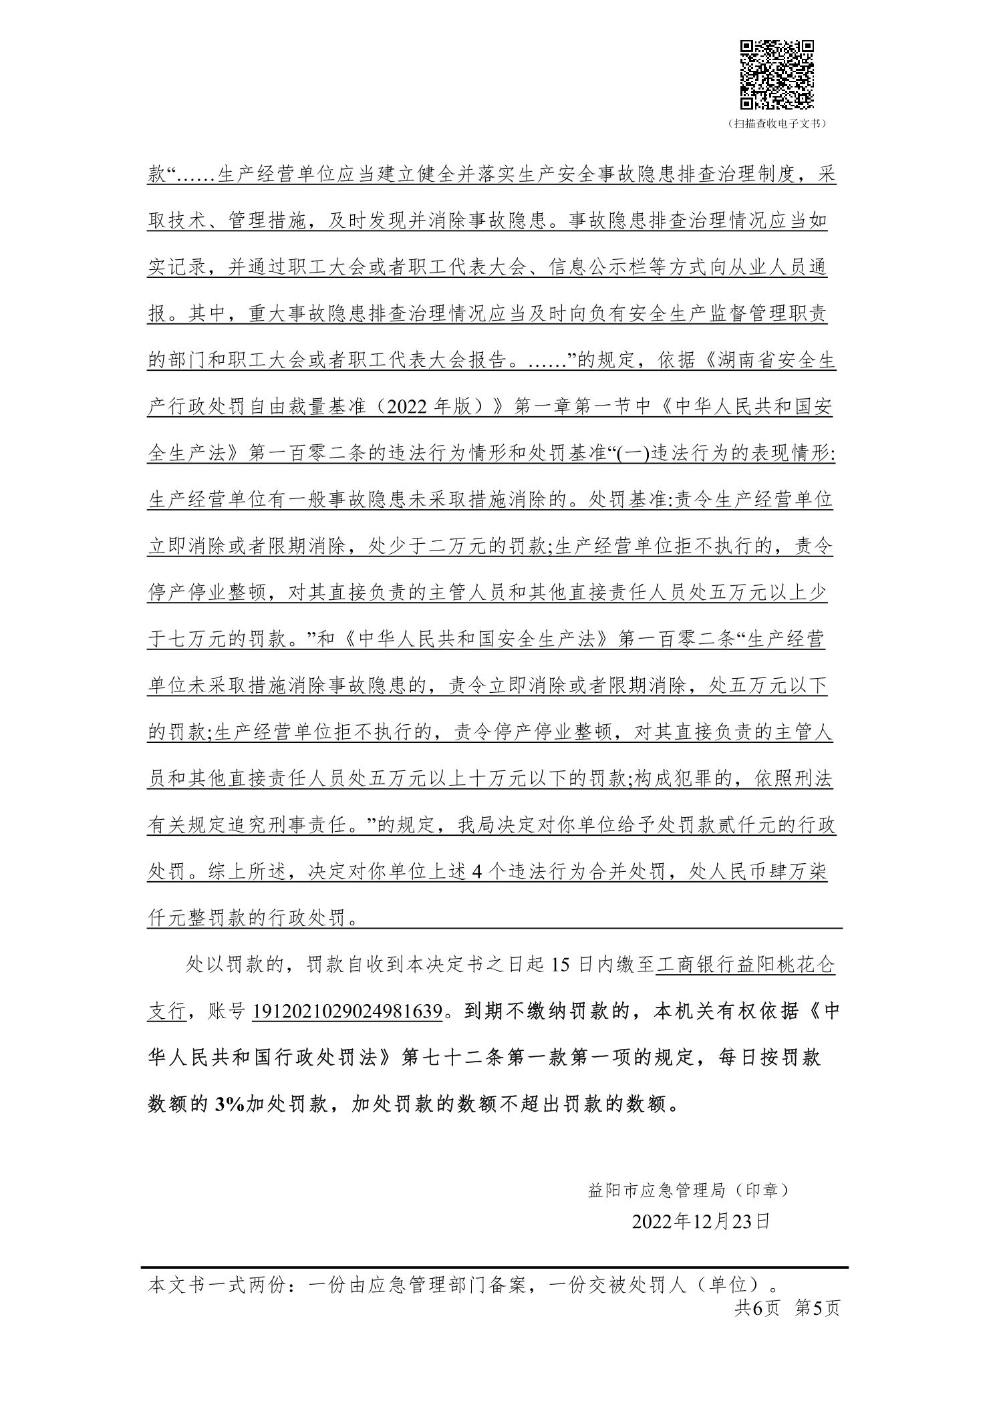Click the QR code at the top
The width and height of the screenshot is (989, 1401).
tap(776, 75)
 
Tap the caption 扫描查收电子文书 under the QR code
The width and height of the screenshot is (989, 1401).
tap(776, 124)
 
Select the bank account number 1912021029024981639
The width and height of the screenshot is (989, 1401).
tap(347, 1011)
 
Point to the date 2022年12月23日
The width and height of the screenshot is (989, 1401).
tap(701, 1221)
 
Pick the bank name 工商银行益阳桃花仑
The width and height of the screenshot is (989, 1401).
tap(744, 965)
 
